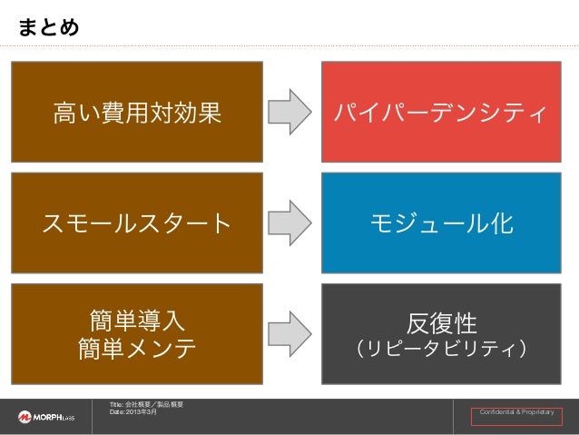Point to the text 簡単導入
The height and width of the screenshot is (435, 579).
click(137, 320)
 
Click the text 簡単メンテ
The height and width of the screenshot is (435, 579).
click(137, 349)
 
